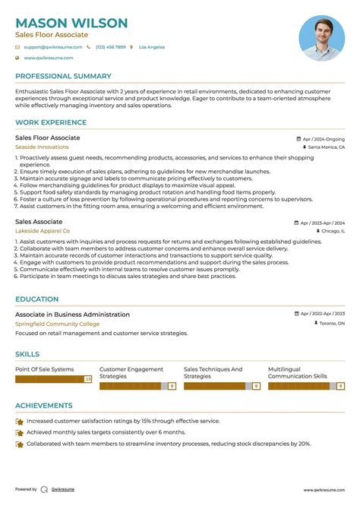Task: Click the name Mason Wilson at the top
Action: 71,23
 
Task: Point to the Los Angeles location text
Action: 151,47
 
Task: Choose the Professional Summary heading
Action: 63,76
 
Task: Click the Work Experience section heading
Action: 50,122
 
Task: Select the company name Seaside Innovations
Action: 42,147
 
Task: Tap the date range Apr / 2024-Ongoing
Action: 324,140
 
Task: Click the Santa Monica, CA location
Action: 327,147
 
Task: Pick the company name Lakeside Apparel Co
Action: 43,230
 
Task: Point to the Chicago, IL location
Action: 333,230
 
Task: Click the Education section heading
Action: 36,299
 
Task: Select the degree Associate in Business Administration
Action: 72,315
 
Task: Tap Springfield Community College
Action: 57,324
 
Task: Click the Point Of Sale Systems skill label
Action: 45,370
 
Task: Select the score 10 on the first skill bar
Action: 88,378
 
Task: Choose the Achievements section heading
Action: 44,406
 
